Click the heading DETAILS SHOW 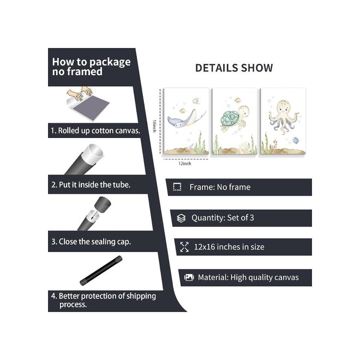click(234, 68)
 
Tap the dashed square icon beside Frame click(177, 187)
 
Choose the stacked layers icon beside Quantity click(181, 218)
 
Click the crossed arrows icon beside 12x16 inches click(184, 247)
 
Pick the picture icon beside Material click(189, 277)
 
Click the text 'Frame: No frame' click(220, 187)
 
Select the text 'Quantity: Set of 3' click(223, 218)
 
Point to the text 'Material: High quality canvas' click(248, 277)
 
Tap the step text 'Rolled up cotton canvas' click(95, 131)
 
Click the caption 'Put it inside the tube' click(91, 185)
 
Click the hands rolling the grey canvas click(87, 101)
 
